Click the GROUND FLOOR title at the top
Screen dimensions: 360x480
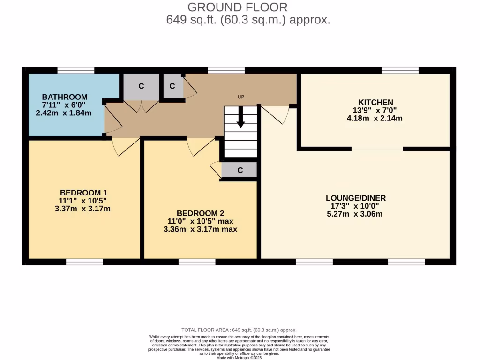tap(237, 7)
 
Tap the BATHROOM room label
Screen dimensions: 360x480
tap(64, 97)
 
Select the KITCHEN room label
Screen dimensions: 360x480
tap(375, 102)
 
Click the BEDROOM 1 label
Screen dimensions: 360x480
tap(83, 193)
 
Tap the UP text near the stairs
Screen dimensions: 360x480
tap(241, 97)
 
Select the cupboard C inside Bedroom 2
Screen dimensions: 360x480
tap(240, 170)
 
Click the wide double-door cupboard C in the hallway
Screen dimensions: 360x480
tap(141, 86)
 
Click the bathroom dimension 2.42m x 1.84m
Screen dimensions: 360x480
tap(64, 113)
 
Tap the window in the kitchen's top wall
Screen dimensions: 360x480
tap(400, 70)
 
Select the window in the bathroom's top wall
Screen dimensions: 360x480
tap(75, 70)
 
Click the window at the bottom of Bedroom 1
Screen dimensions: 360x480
tap(84, 262)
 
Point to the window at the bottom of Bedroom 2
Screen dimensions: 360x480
tap(197, 262)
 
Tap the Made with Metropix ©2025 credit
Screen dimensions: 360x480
tap(239, 358)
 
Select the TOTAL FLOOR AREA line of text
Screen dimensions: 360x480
tap(239, 330)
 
